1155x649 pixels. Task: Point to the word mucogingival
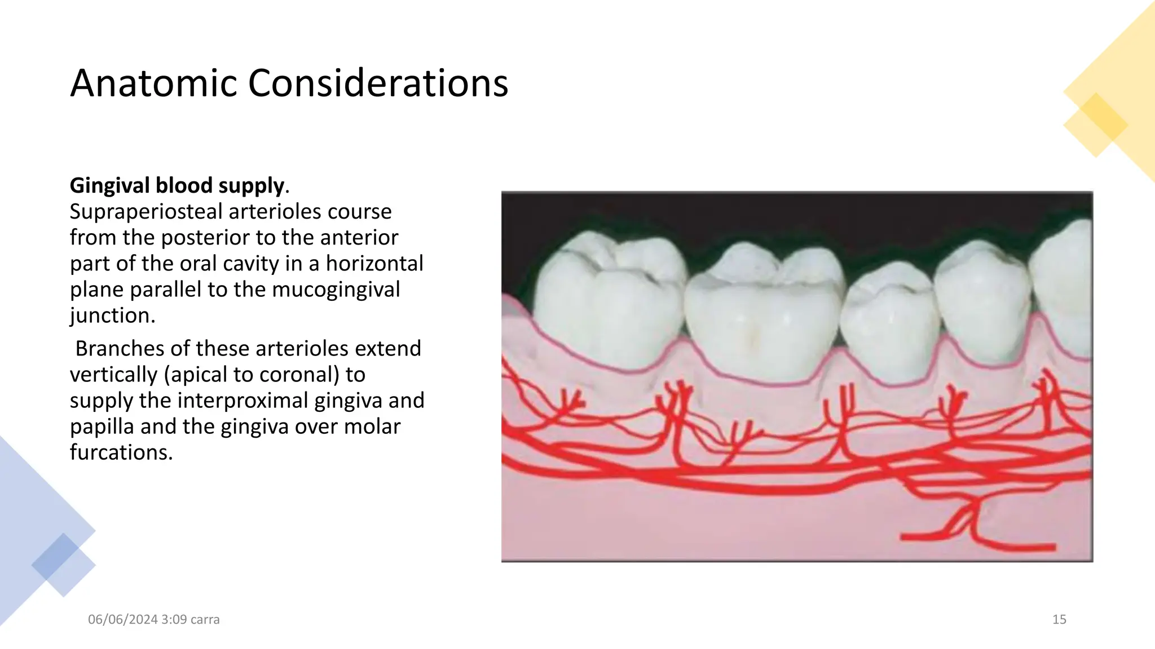coord(336,290)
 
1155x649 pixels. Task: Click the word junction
coord(112,315)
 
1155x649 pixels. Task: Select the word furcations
coord(121,452)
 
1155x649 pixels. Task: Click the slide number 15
coord(1059,620)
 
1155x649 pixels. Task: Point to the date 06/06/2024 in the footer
coord(122,620)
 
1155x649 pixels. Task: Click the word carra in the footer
coord(205,620)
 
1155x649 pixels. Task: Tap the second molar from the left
coord(764,315)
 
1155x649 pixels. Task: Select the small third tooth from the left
coord(888,321)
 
